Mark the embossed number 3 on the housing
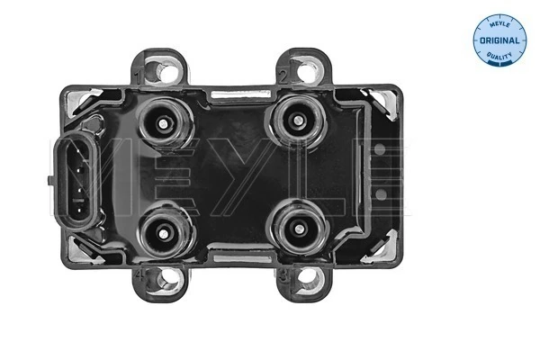click(x=282, y=271)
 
